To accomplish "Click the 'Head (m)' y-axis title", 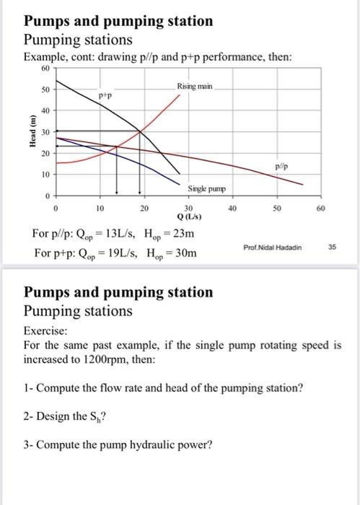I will point(30,132).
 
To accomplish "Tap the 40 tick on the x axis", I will point(232,208).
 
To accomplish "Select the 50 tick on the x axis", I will point(276,208).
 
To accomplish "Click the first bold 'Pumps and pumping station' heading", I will point(118,21).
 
